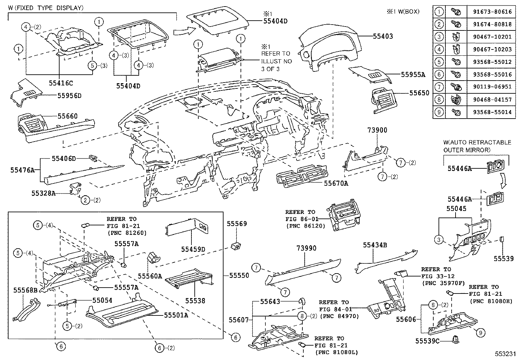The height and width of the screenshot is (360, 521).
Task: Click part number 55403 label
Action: [383, 36]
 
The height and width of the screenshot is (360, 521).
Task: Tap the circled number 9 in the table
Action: [439, 112]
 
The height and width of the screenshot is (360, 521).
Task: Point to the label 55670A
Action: [336, 183]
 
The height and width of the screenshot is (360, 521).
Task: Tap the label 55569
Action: [237, 224]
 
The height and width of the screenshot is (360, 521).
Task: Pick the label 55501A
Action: [176, 315]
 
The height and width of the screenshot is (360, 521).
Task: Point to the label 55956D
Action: [69, 96]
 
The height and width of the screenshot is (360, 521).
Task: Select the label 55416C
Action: [61, 83]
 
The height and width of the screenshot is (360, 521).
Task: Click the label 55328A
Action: [44, 193]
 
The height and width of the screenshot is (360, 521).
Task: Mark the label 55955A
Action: [413, 75]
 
